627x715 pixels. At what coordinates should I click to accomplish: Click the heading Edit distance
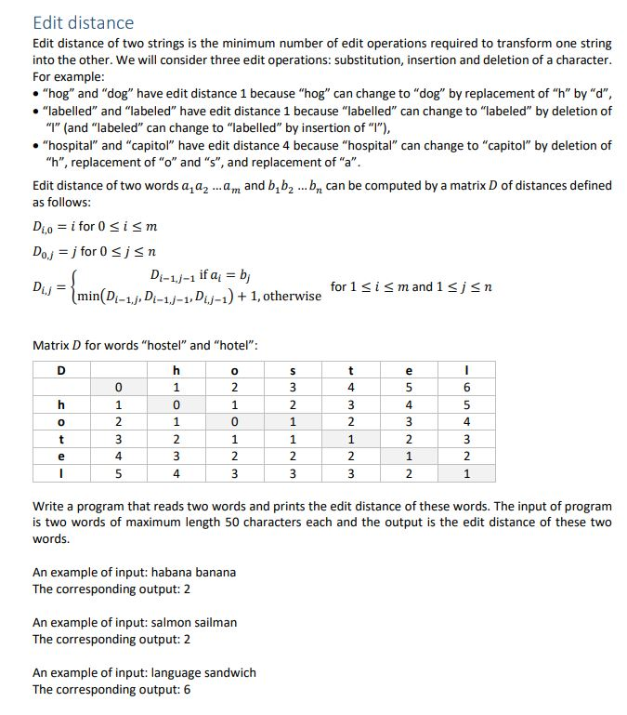click(83, 22)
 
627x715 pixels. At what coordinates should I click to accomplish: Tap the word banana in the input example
click(215, 572)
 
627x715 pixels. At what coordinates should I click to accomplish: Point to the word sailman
click(216, 622)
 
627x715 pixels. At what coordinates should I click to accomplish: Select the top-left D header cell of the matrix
click(61, 370)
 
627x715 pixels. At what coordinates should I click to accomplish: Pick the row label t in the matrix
click(61, 438)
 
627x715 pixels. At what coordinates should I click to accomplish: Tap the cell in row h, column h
click(176, 404)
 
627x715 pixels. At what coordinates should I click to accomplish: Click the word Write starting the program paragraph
click(49, 507)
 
